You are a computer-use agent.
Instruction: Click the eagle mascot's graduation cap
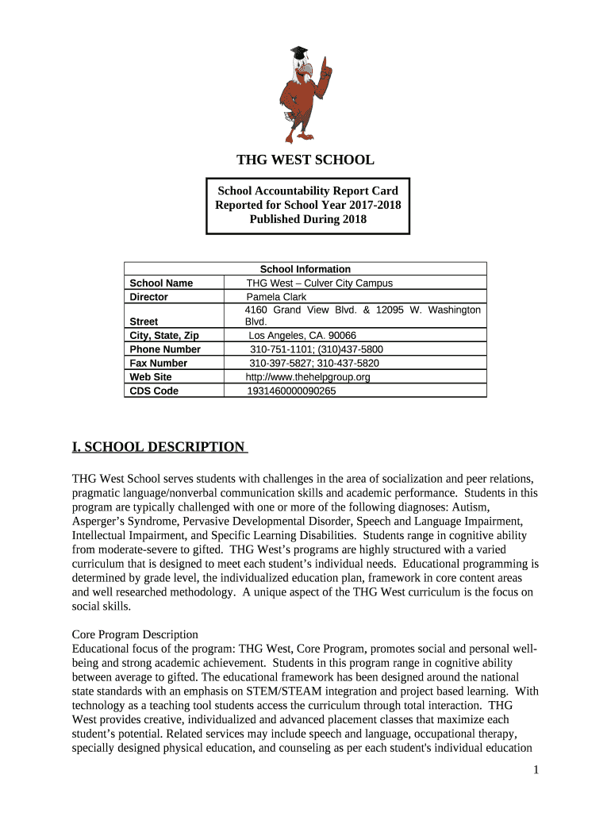point(298,52)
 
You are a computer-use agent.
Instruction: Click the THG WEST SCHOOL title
point(305,160)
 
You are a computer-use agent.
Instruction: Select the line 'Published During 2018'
point(308,219)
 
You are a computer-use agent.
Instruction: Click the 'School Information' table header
point(305,269)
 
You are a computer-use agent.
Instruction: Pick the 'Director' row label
point(149,297)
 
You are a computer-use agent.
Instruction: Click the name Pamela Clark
point(276,297)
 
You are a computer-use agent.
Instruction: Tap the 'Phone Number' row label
point(165,349)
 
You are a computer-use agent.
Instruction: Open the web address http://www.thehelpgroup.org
point(308,377)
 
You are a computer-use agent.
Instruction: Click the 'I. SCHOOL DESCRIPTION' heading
point(159,447)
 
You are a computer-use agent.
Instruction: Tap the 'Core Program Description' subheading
point(135,634)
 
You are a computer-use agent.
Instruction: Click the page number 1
point(536,770)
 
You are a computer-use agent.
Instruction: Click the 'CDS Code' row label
point(154,391)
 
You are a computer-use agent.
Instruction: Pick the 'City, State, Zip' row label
point(164,335)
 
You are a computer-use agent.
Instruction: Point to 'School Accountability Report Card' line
point(308,191)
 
